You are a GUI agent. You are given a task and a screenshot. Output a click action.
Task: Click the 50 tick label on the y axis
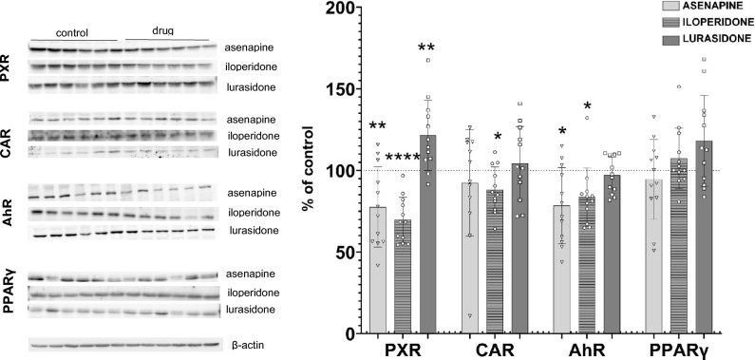344,253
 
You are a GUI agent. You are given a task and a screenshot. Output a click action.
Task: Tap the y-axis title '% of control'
310,171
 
